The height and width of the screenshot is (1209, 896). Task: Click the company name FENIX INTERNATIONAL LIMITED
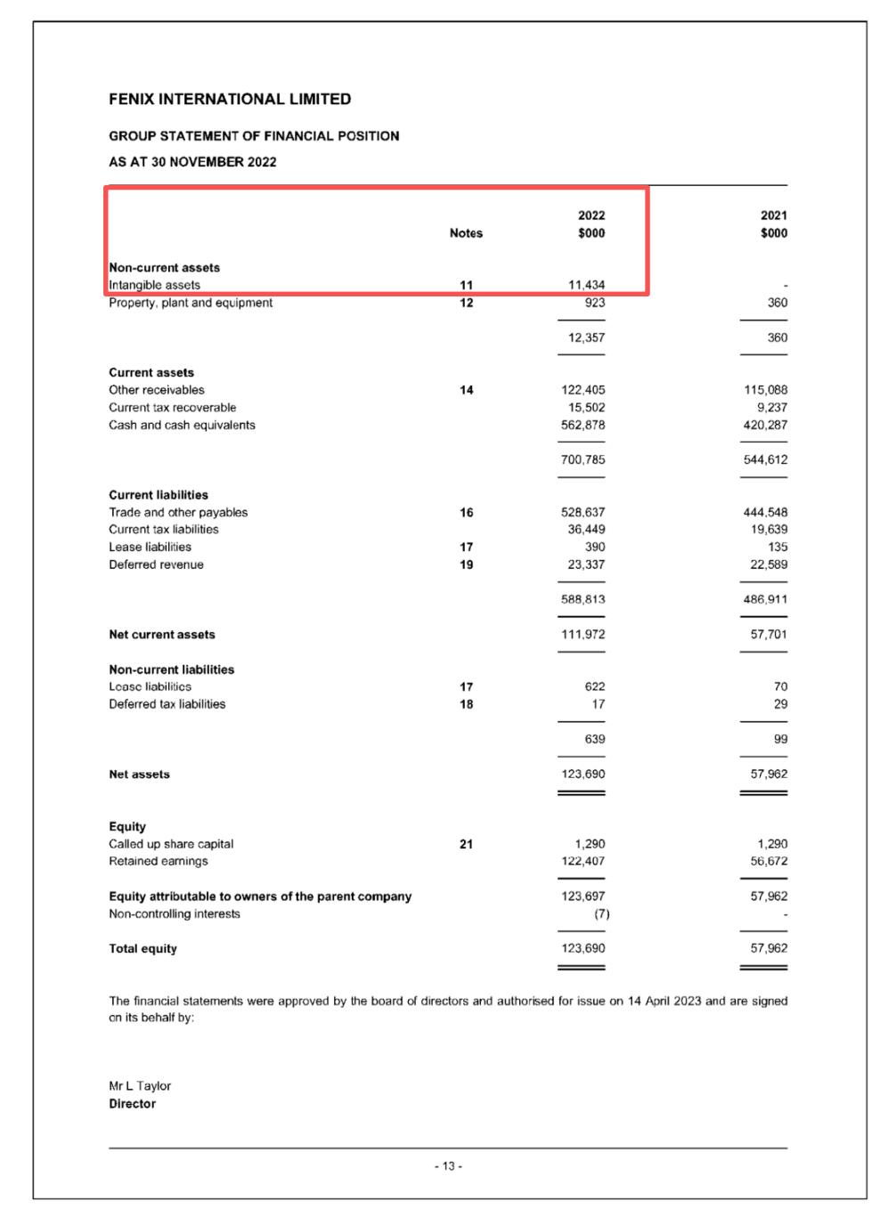pos(230,99)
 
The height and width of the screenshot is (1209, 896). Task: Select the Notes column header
pos(466,233)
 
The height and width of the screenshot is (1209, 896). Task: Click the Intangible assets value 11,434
pos(586,285)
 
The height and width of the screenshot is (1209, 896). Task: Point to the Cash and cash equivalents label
pos(182,425)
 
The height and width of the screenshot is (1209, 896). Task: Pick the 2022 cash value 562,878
pos(582,425)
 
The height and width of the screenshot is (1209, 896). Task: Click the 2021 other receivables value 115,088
pos(765,390)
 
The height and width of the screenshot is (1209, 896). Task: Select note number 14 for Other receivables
pos(466,390)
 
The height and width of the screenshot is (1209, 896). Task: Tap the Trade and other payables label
pos(178,512)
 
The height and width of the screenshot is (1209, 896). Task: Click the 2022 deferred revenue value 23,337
pos(586,564)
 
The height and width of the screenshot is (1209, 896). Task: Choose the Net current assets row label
pos(162,635)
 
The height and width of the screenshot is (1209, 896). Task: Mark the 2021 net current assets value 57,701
pos(769,635)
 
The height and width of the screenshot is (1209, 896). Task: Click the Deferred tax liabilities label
pos(167,704)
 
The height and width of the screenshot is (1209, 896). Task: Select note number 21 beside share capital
pos(466,844)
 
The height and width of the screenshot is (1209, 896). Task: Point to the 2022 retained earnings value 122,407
pos(582,861)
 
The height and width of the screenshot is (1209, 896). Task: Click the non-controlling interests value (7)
pos(602,913)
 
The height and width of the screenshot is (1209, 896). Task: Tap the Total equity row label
pos(143,948)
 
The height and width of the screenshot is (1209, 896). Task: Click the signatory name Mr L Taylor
pos(140,1086)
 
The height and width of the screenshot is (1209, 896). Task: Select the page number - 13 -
pos(448,1166)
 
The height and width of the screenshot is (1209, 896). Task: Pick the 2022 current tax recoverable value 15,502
pos(586,408)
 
